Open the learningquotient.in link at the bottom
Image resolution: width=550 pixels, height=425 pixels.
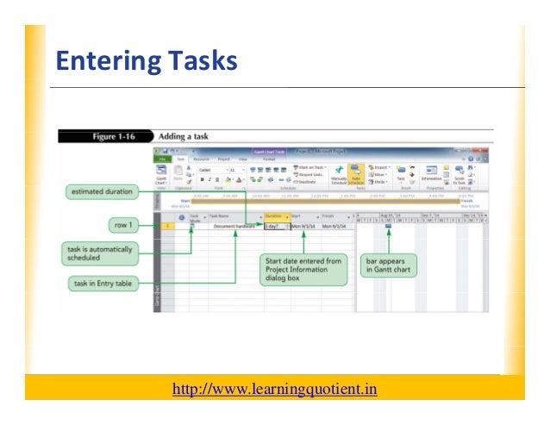(275, 389)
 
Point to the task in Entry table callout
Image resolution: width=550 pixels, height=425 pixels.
(104, 283)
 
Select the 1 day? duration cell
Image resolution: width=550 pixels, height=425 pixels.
(273, 226)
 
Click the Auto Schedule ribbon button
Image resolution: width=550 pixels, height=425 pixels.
(354, 175)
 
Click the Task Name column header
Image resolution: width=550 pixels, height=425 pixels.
(222, 217)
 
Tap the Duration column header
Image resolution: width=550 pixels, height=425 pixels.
(274, 217)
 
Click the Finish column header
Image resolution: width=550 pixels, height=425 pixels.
(331, 217)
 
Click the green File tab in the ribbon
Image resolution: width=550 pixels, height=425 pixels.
(161, 159)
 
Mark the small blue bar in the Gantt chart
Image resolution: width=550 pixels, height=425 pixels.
(388, 226)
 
